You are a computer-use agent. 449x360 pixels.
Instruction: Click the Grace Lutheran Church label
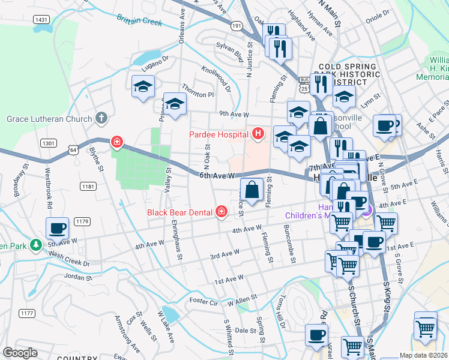pos(49,119)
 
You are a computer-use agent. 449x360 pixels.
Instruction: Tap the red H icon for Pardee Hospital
pos(259,133)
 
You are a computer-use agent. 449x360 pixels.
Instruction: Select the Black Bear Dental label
pos(181,212)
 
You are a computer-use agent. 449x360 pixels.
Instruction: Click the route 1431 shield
pos(42,20)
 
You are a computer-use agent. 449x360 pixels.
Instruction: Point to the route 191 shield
pos(237,26)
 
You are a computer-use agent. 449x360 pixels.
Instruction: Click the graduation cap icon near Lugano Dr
pos(143,87)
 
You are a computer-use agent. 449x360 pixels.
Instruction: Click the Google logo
pos(20,353)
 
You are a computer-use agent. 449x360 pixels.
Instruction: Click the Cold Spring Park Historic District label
pos(348,74)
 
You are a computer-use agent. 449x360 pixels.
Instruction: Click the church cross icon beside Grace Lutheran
pos(102,118)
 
